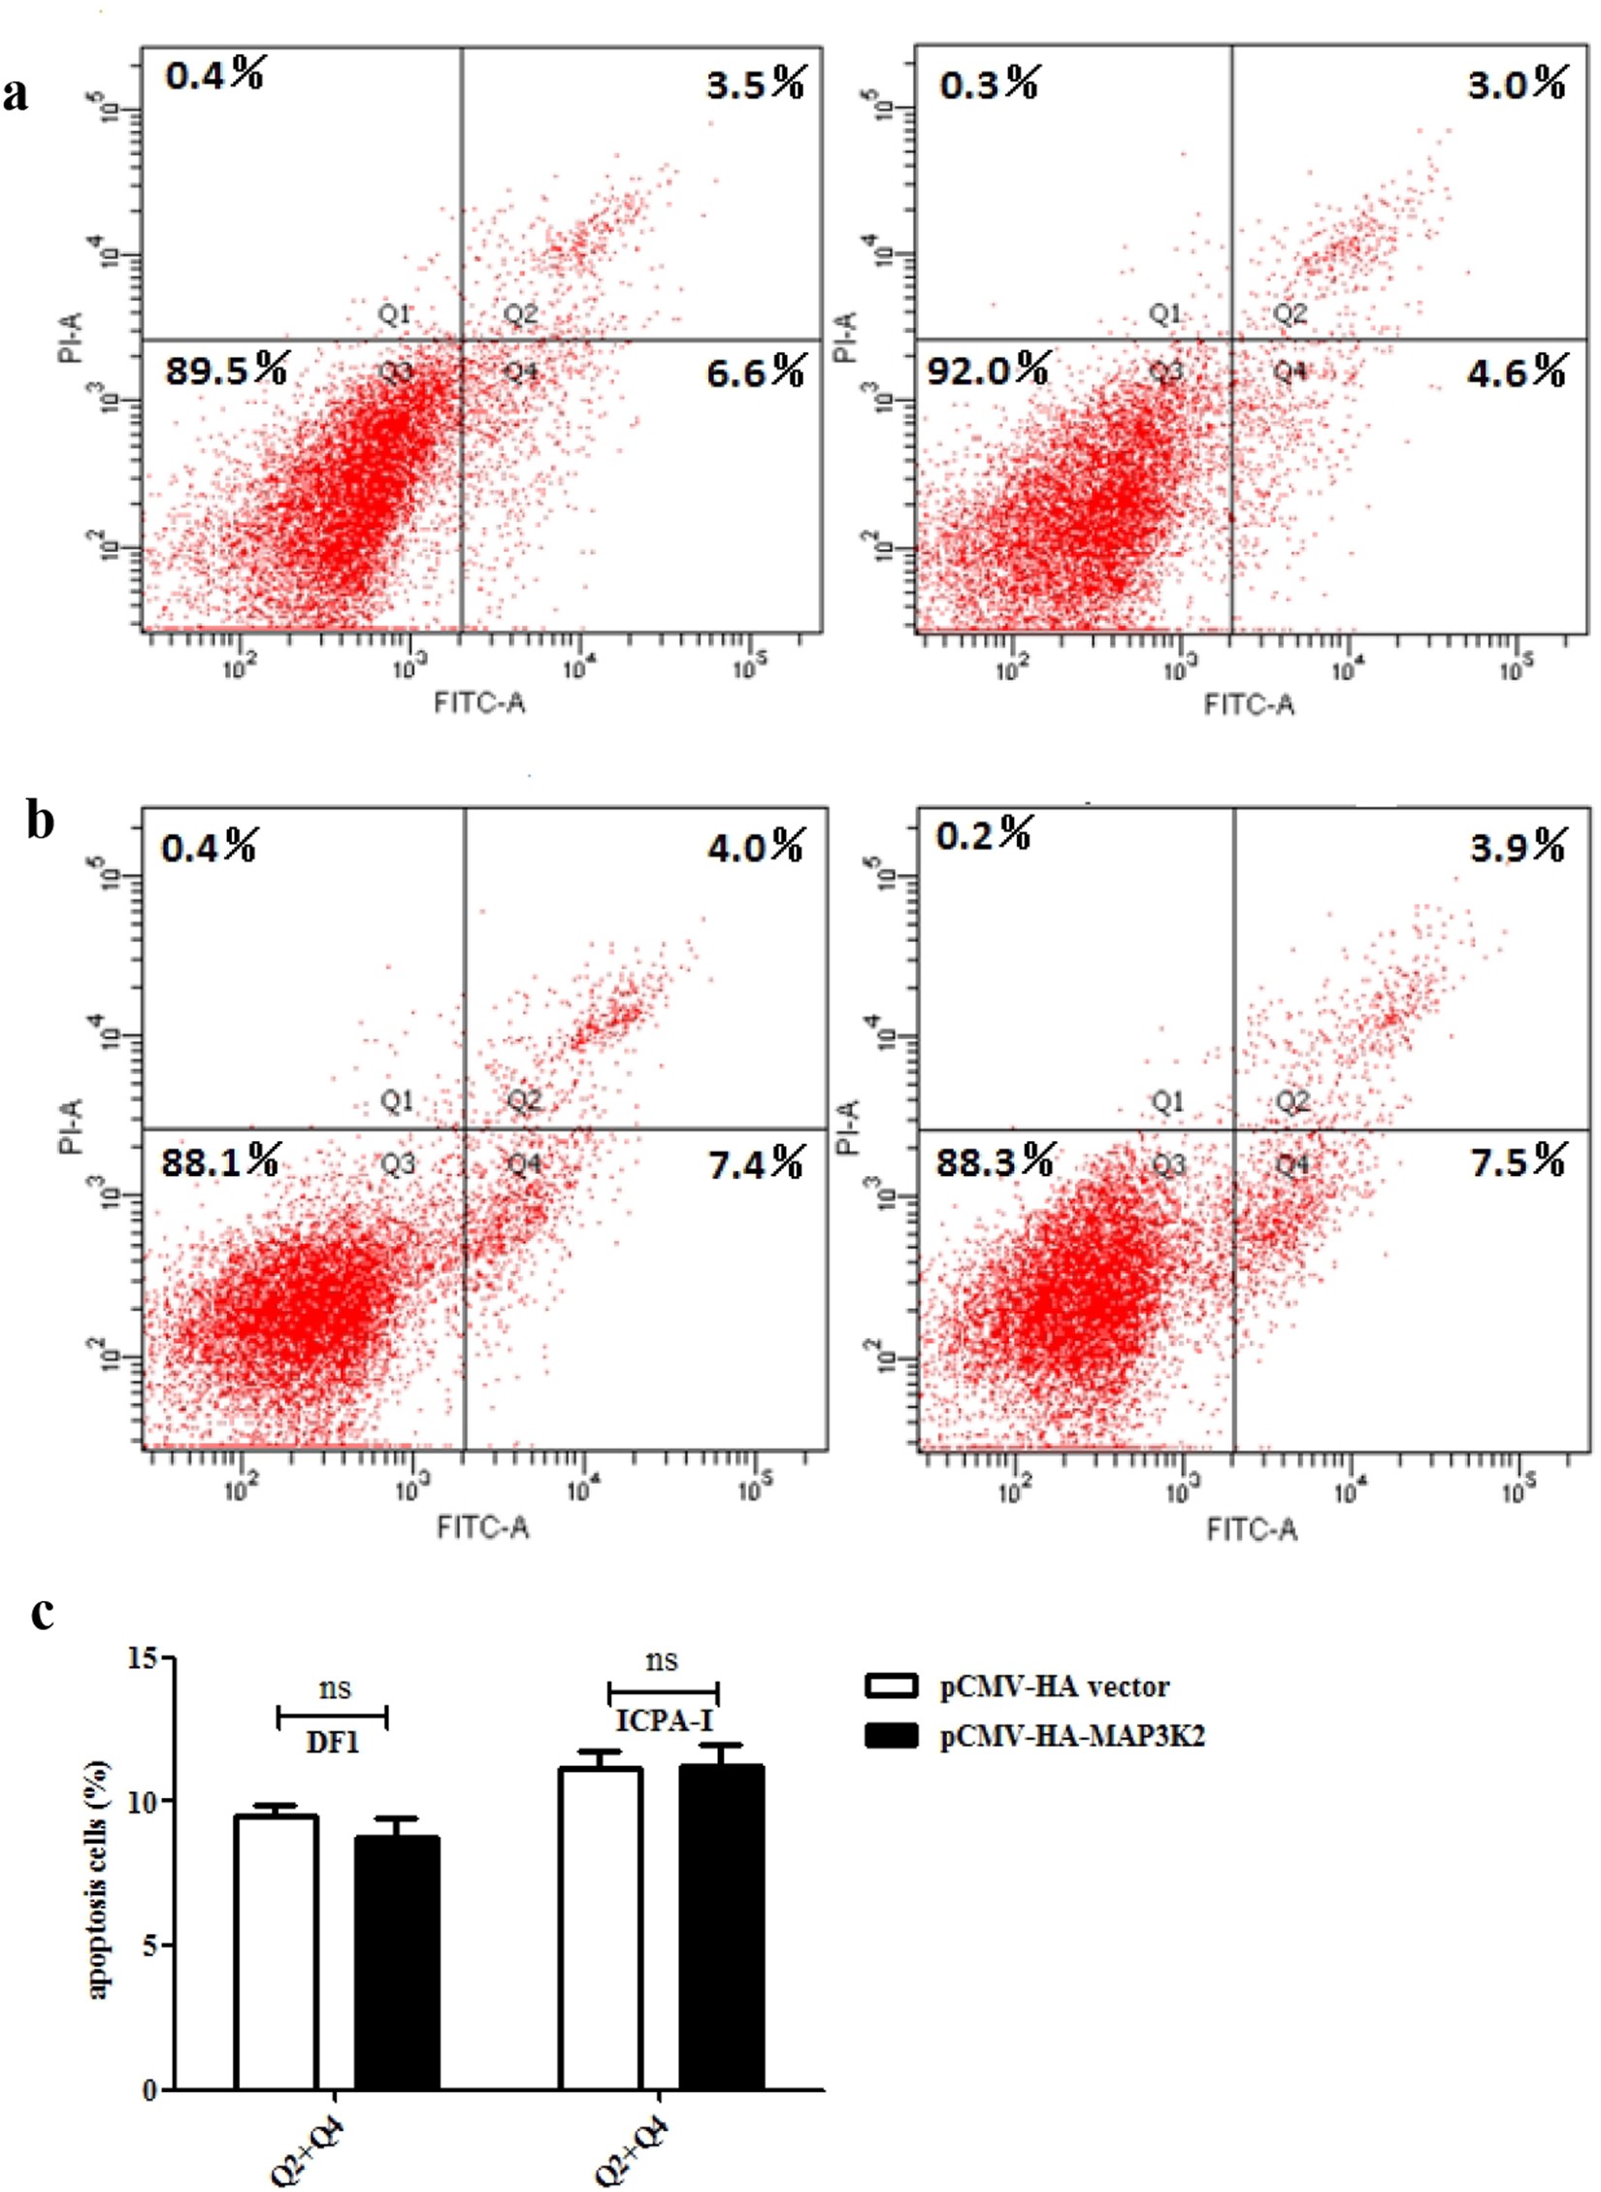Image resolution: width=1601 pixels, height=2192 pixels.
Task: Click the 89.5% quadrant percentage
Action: click(225, 370)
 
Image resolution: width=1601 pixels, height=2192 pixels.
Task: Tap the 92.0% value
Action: click(988, 370)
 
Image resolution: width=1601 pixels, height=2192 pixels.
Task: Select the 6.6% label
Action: click(755, 371)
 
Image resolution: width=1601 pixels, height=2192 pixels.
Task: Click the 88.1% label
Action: click(220, 1161)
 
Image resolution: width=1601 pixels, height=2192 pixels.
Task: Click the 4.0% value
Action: click(755, 847)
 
